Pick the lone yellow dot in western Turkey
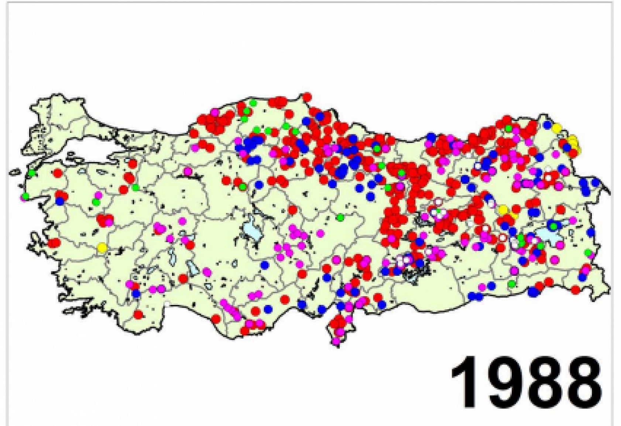pyautogui.click(x=102, y=247)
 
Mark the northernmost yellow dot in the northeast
pyautogui.click(x=557, y=128)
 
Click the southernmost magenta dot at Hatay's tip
pyautogui.click(x=336, y=341)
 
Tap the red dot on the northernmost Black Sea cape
pyautogui.click(x=307, y=97)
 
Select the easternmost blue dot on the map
pyautogui.click(x=595, y=182)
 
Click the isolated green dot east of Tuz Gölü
pyautogui.click(x=340, y=217)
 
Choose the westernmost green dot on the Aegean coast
pyautogui.click(x=25, y=196)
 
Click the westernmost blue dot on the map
pyautogui.click(x=60, y=201)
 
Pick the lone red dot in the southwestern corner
pyautogui.click(x=138, y=315)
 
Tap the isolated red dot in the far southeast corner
pyautogui.click(x=575, y=290)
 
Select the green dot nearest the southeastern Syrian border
pyautogui.click(x=511, y=284)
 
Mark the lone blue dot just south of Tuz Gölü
pyautogui.click(x=265, y=265)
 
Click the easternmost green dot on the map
pyautogui.click(x=588, y=253)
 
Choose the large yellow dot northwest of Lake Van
pyautogui.click(x=503, y=210)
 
